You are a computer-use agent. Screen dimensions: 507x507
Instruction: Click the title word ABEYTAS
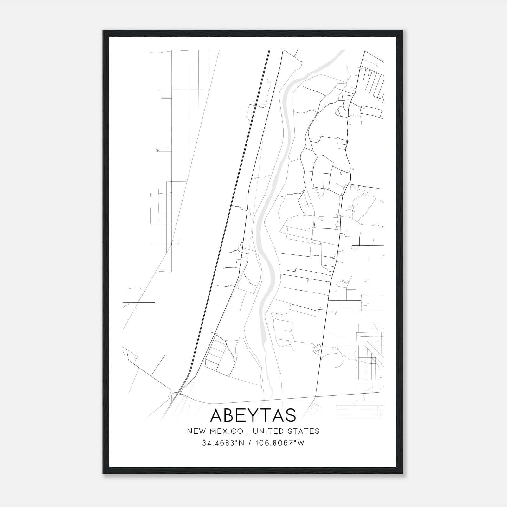(x=253, y=415)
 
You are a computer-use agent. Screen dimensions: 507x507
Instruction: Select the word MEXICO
(x=228, y=431)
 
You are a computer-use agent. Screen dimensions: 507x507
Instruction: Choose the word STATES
(x=304, y=431)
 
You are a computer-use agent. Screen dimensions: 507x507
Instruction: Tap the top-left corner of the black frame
(x=103, y=31)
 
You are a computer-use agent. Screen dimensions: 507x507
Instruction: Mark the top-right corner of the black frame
(x=403, y=31)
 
